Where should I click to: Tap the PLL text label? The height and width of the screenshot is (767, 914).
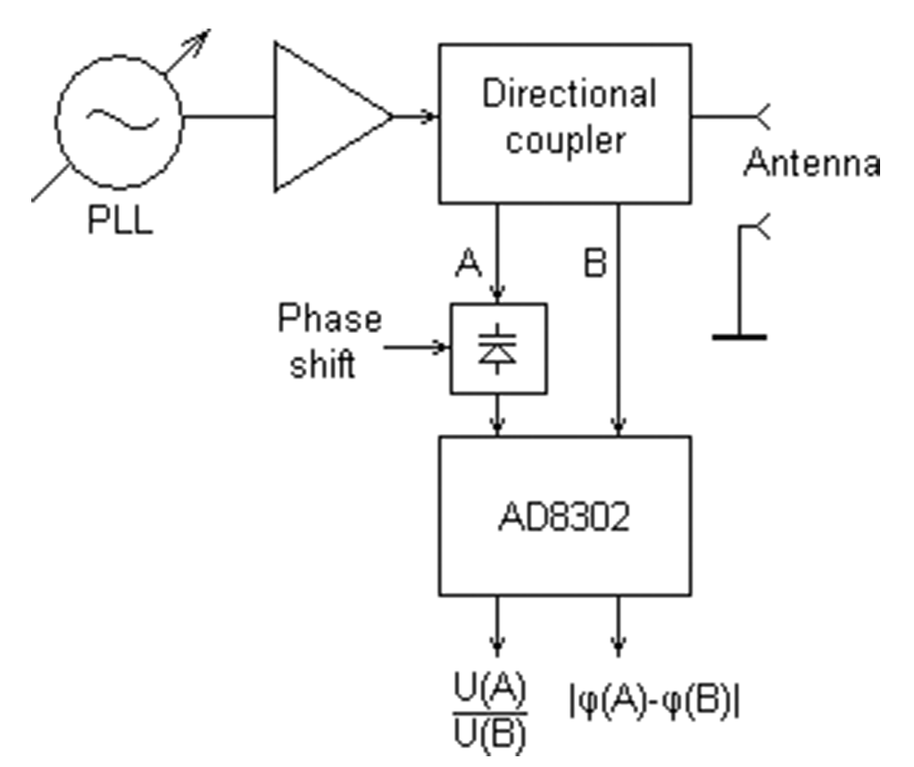(x=120, y=220)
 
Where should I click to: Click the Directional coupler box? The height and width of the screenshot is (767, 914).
(x=565, y=122)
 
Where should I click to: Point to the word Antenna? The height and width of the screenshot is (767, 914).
(x=811, y=164)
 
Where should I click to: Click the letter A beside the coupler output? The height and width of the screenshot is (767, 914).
(x=467, y=263)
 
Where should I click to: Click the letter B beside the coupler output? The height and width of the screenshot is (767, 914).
(x=594, y=263)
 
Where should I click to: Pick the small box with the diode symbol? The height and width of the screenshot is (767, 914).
(x=498, y=347)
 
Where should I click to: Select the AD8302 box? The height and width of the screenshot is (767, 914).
(x=565, y=515)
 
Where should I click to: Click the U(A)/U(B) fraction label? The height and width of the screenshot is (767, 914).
(x=498, y=714)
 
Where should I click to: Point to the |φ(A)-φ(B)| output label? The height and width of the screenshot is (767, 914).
(x=657, y=702)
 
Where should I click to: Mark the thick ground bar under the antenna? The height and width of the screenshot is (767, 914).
(x=739, y=337)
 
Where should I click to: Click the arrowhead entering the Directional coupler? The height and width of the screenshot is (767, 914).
(x=431, y=116)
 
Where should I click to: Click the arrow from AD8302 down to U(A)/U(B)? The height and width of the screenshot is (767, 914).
(x=498, y=625)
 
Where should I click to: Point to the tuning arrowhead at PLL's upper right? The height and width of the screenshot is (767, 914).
(x=202, y=38)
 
